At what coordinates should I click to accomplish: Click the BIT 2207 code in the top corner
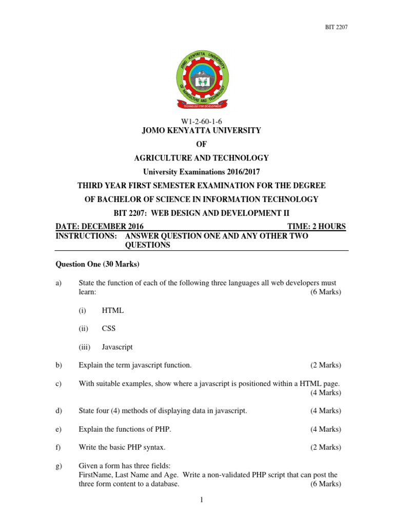point(337,27)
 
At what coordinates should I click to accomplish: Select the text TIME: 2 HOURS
point(314,227)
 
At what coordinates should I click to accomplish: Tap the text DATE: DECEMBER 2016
point(99,227)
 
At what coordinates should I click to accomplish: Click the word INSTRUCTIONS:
point(86,236)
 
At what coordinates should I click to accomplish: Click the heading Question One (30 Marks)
point(97,265)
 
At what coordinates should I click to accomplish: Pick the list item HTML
point(112,310)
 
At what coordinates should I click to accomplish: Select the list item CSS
point(109,329)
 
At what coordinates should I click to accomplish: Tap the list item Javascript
point(117,347)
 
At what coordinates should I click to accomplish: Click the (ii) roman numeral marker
point(83,329)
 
